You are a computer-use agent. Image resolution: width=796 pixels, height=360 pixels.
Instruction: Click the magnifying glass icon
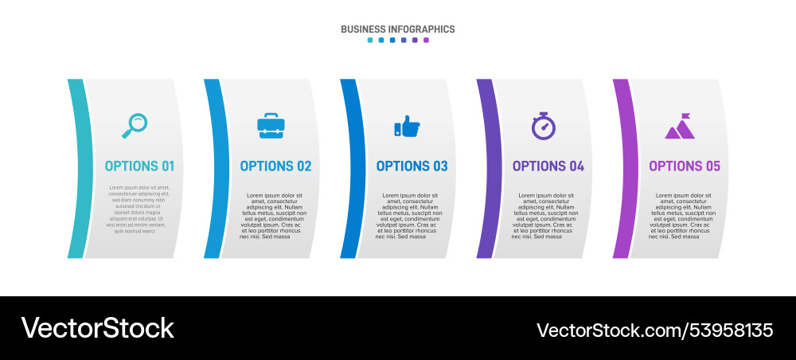pyautogui.click(x=135, y=124)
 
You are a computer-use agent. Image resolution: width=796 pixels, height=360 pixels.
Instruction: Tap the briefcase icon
pyautogui.click(x=271, y=125)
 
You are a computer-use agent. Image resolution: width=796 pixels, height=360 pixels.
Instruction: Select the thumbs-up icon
pyautogui.click(x=407, y=126)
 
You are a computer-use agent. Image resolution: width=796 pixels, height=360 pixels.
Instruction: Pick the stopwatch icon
pyautogui.click(x=544, y=126)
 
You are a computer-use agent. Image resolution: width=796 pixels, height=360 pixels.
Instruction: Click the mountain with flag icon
pyautogui.click(x=680, y=126)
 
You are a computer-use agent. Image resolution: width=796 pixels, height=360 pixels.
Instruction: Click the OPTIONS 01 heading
pyautogui.click(x=139, y=166)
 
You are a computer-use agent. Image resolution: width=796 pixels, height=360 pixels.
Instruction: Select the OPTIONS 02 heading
pyautogui.click(x=275, y=166)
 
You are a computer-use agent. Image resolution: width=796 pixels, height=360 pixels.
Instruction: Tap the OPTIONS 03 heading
pyautogui.click(x=412, y=166)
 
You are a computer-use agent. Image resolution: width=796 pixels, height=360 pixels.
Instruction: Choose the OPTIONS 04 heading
pyautogui.click(x=548, y=166)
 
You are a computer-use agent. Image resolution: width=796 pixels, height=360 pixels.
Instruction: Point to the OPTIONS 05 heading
pyautogui.click(x=684, y=166)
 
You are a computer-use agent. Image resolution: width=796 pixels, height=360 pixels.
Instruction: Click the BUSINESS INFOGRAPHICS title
pyautogui.click(x=398, y=29)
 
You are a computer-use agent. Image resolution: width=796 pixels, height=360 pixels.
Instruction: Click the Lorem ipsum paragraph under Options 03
pyautogui.click(x=409, y=216)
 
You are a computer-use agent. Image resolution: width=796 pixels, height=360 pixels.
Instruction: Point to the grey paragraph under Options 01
pyautogui.click(x=139, y=209)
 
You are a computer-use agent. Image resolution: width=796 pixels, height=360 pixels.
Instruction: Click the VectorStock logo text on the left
pyautogui.click(x=97, y=328)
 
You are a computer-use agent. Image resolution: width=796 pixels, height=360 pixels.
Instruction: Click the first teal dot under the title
pyautogui.click(x=370, y=40)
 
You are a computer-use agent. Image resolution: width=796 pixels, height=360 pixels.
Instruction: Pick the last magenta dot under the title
pyautogui.click(x=426, y=40)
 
